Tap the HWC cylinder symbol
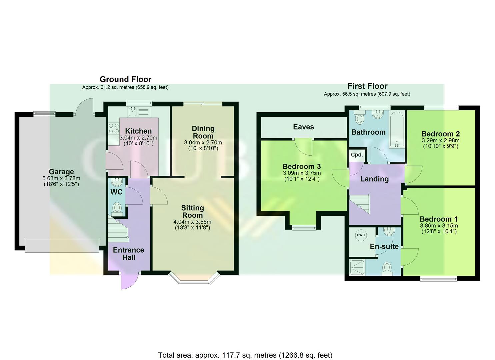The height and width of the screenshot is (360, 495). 361,235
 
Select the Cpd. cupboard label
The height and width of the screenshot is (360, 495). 356,155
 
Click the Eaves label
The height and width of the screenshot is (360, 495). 303,127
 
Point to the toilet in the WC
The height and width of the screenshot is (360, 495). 117,208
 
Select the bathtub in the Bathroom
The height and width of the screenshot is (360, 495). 397,130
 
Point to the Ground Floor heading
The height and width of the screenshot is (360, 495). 125,79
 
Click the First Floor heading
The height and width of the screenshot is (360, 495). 367,86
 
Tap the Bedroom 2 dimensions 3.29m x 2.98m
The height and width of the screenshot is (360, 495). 440,141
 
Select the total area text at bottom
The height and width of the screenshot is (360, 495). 245,355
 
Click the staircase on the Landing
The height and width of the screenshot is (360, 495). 360,203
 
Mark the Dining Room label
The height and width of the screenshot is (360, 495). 203,132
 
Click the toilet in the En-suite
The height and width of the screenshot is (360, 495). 387,267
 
